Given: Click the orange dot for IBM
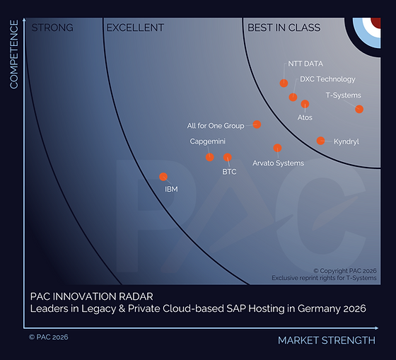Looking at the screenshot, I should [163, 177].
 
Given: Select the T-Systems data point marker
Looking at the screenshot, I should [359, 109].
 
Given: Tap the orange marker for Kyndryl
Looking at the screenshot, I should [320, 141].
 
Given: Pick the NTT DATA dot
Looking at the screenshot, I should [284, 83].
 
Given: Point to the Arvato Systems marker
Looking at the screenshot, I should [277, 149].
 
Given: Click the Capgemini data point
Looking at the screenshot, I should [210, 157].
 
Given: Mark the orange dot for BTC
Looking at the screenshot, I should [227, 157].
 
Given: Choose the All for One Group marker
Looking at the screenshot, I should [257, 124].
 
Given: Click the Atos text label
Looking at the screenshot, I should [304, 117].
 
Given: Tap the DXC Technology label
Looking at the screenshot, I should [327, 79].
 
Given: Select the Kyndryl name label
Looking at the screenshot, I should [346, 141].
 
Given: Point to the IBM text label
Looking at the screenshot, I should [171, 190].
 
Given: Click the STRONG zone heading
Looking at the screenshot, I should [52, 28].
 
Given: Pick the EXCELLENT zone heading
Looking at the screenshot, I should [134, 28].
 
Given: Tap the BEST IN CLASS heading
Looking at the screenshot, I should [284, 28].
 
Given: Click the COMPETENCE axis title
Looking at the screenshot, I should [13, 55].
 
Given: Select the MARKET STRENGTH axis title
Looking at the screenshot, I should [326, 340].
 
